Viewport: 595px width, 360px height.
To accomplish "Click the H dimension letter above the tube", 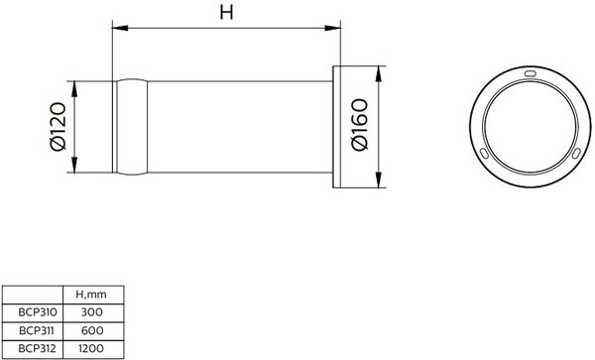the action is pyautogui.click(x=226, y=13).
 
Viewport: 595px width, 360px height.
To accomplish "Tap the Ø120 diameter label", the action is pyautogui.click(x=59, y=126).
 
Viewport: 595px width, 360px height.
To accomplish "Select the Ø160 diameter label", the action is pyautogui.click(x=360, y=124).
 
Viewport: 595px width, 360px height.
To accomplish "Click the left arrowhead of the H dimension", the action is pyautogui.click(x=120, y=28).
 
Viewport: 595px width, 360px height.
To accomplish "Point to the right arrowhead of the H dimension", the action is pyautogui.click(x=333, y=28).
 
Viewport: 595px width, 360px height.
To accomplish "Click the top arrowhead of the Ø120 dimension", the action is pyautogui.click(x=74, y=89).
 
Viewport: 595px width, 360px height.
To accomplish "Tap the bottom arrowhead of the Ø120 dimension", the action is pyautogui.click(x=74, y=165).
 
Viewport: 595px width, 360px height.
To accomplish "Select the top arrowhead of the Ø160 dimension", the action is pyautogui.click(x=379, y=73).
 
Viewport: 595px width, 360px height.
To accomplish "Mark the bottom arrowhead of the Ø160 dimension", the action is pyautogui.click(x=379, y=180).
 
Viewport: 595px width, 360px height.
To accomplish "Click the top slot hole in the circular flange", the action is pyautogui.click(x=531, y=73).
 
